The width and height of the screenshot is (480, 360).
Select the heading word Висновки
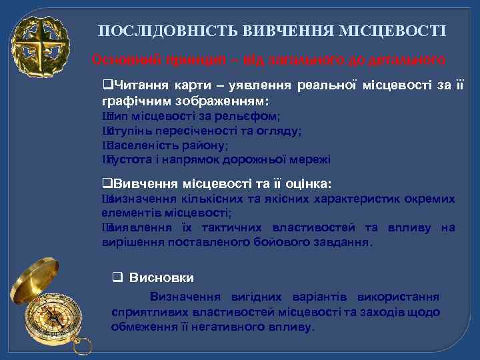(162, 277)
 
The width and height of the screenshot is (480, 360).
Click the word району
(207, 145)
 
